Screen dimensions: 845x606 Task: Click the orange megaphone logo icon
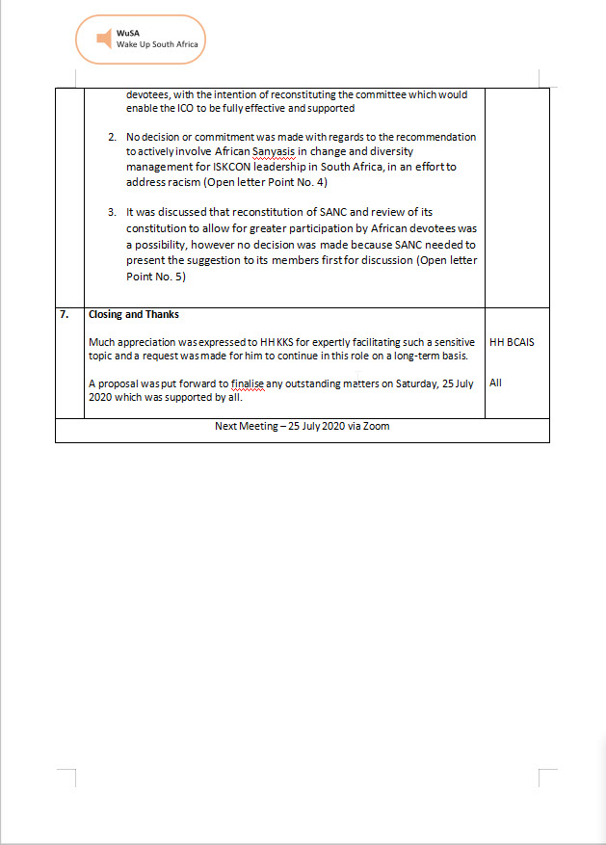[103, 39]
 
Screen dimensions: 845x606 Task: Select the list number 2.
[112, 138]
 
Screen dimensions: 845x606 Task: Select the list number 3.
[112, 211]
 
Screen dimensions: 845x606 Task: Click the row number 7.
[64, 314]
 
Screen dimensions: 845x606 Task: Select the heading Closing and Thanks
[133, 314]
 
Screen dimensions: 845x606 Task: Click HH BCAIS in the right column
[512, 342]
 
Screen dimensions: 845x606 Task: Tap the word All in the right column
[495, 383]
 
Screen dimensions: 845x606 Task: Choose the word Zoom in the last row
[377, 426]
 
